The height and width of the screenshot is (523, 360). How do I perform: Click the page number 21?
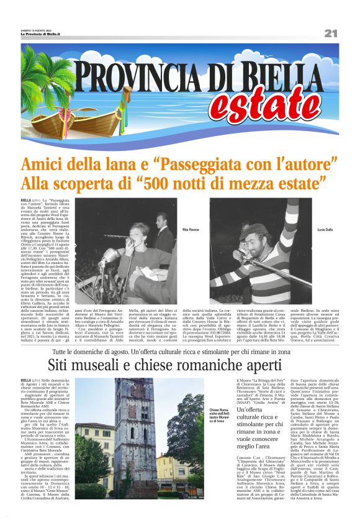point(330,33)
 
